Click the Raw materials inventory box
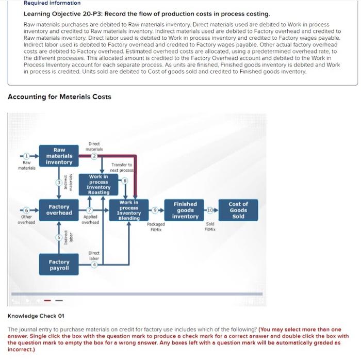[x=59, y=156]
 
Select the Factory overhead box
[x=59, y=209]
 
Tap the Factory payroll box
[x=59, y=265]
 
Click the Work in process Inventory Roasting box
[x=99, y=184]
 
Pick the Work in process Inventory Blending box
[x=129, y=210]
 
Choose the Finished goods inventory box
[x=185, y=210]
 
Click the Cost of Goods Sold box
[x=238, y=210]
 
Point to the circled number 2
[x=94, y=156]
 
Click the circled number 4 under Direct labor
[x=94, y=265]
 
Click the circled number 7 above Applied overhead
[x=90, y=210]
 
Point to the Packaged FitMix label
[x=155, y=227]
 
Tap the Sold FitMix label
[x=210, y=227]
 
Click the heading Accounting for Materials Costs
[x=59, y=96]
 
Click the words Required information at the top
[x=50, y=3]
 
